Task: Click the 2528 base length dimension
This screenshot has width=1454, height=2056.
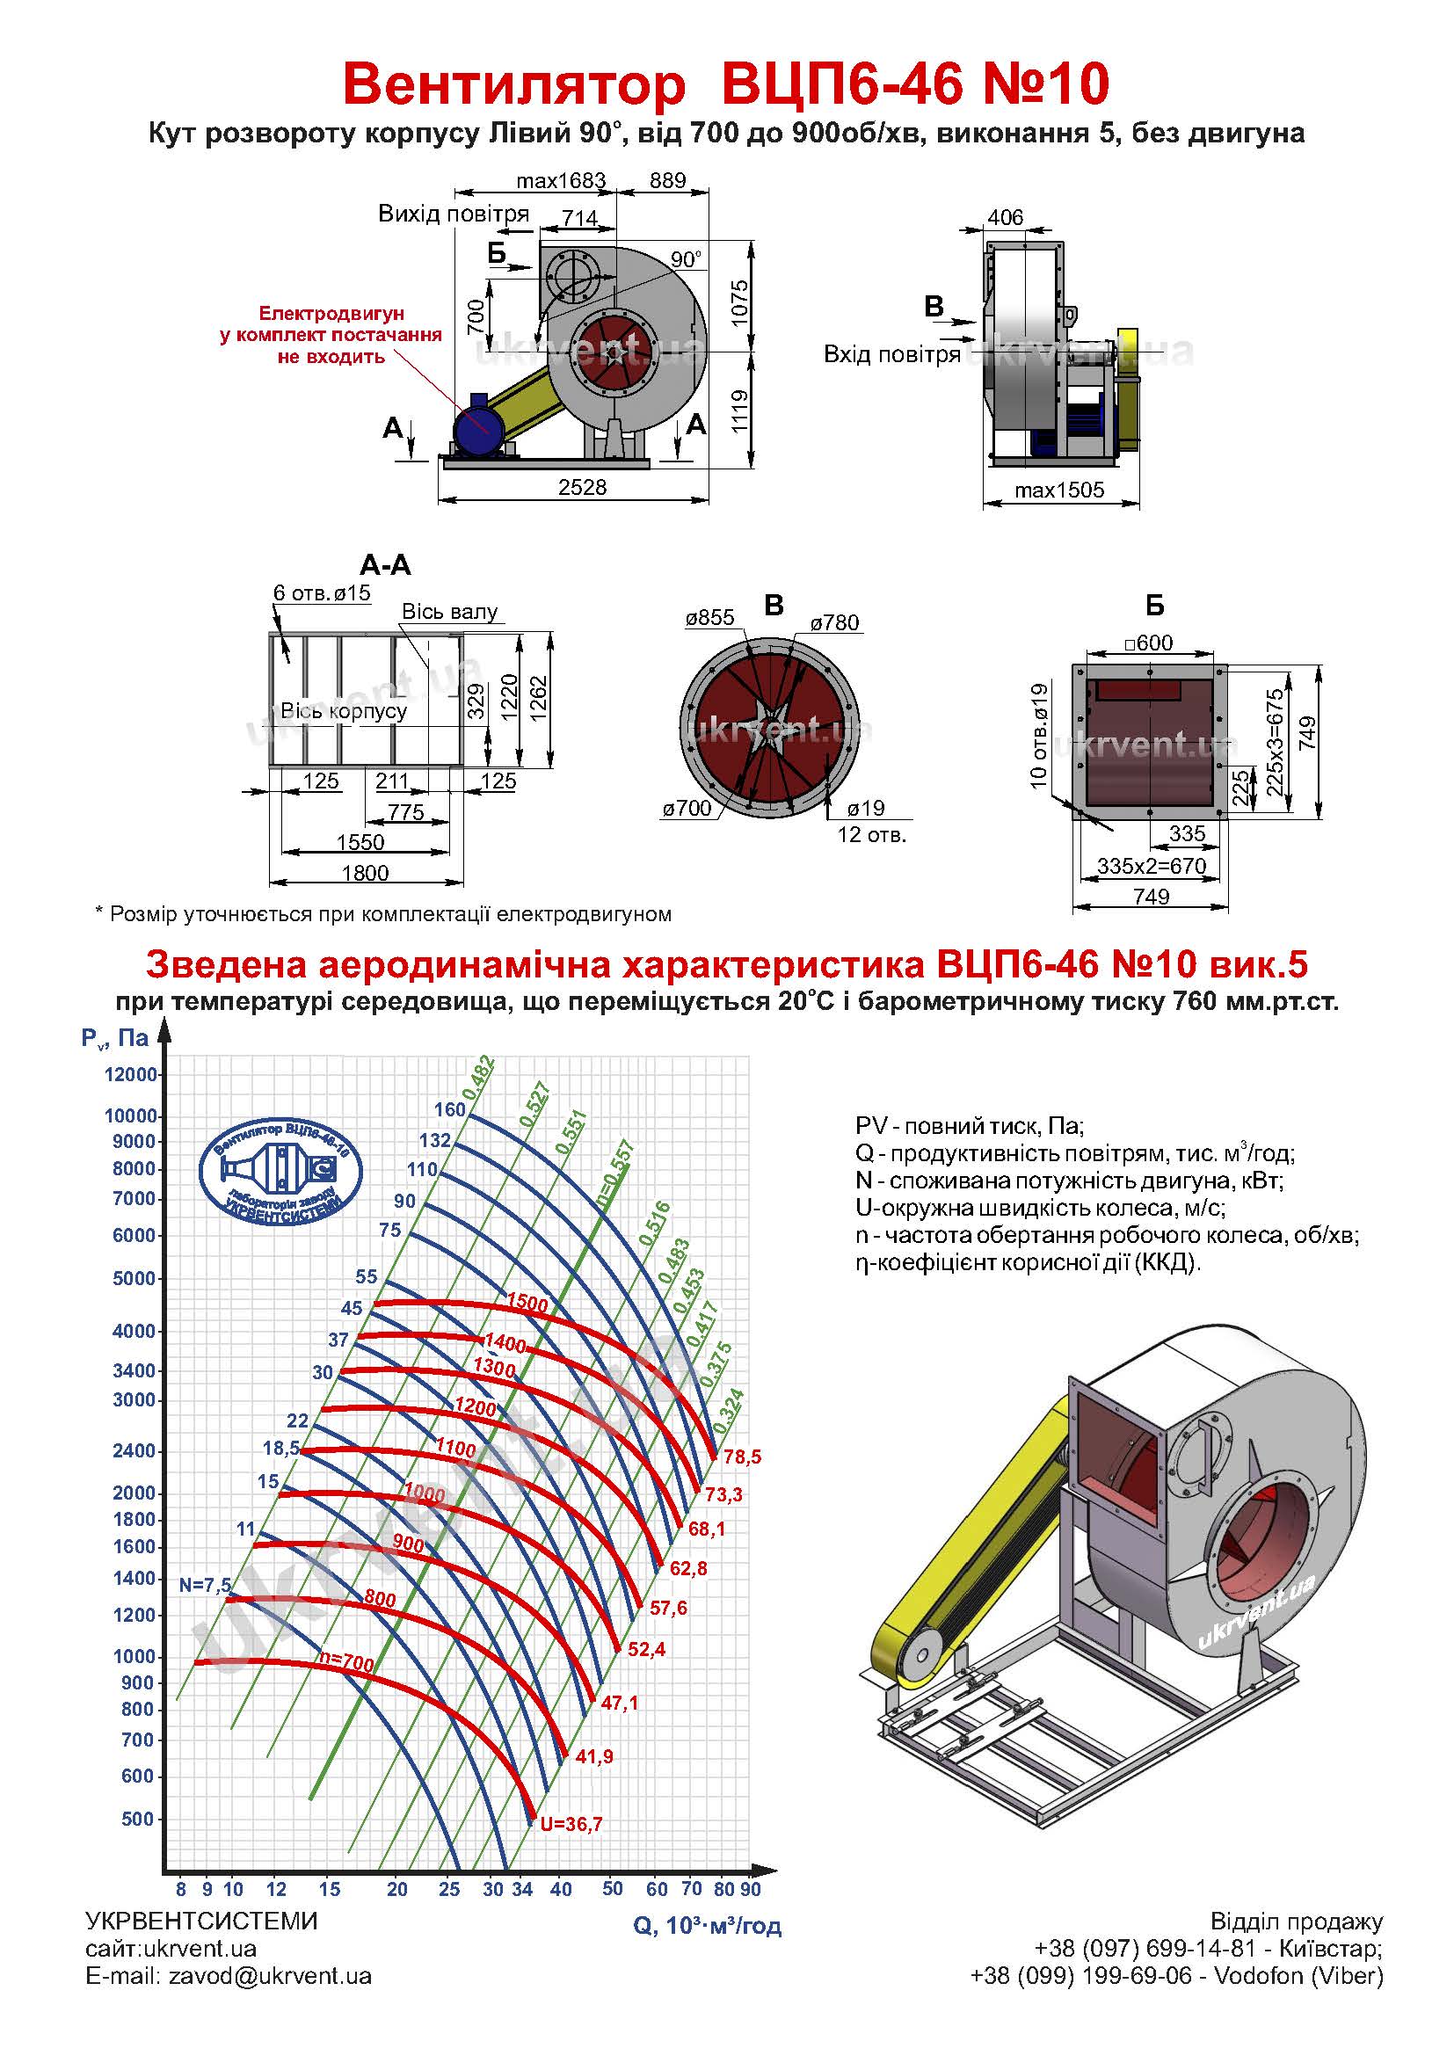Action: coord(582,487)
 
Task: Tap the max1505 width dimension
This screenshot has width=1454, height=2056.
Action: coord(1059,490)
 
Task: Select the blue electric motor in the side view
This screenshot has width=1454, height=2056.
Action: coord(477,427)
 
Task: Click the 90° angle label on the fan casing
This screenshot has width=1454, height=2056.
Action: coord(686,259)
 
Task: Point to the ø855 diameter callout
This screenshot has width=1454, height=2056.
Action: coord(710,617)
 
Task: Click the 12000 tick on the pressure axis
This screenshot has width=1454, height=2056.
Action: coord(131,1074)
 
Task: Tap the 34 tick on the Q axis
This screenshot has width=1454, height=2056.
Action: coord(522,1890)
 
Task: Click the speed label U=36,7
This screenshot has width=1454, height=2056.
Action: coord(571,1823)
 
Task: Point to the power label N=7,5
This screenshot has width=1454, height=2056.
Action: coord(205,1585)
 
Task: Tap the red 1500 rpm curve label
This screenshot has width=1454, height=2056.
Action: coord(527,1303)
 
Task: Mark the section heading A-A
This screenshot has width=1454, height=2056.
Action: coord(385,565)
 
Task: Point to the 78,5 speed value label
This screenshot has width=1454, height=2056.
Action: coord(742,1457)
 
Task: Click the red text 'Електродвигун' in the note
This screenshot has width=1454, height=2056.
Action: coord(331,314)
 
